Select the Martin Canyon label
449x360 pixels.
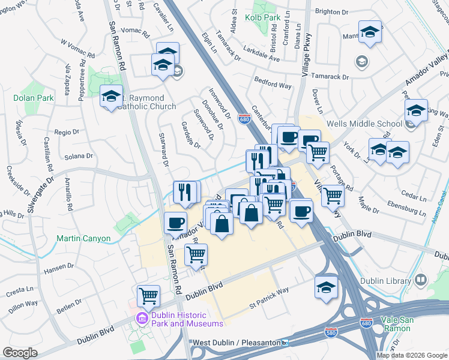[x=83, y=238]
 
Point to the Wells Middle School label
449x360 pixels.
[x=364, y=124]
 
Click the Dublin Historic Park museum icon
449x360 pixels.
[x=143, y=318]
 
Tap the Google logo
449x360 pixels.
[x=20, y=353]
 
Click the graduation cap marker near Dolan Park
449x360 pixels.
[x=111, y=96]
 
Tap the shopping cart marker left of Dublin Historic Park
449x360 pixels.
[x=148, y=295]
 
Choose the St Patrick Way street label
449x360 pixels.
[x=269, y=299]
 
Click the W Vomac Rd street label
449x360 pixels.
[x=77, y=50]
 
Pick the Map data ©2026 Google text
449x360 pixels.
[x=412, y=355]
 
